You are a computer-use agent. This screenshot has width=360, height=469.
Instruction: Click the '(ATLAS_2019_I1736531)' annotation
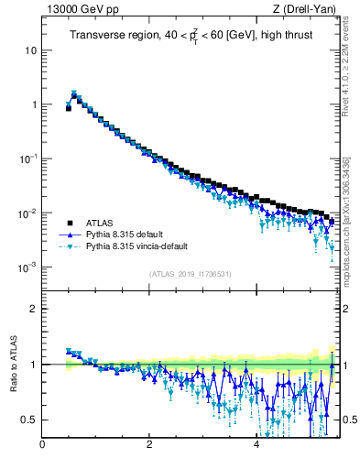point(190,274)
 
